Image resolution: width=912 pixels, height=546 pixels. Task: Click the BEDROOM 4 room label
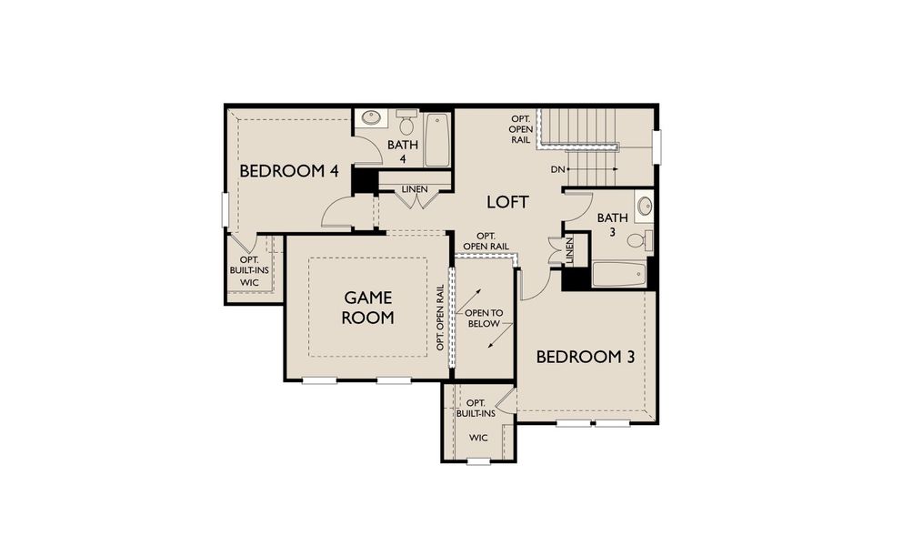283,171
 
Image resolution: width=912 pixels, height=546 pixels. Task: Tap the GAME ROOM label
368,308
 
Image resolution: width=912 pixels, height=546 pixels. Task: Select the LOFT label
507,202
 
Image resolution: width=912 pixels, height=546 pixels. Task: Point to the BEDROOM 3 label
585,357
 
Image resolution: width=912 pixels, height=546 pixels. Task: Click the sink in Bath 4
371,118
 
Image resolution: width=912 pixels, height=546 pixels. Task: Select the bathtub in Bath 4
436,139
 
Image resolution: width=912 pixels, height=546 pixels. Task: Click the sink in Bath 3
644,206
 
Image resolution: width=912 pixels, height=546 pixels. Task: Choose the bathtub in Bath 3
620,274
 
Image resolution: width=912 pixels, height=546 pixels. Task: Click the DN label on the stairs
558,170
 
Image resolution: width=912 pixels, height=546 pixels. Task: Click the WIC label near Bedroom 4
249,283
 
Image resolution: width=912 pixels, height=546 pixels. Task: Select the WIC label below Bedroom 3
478,438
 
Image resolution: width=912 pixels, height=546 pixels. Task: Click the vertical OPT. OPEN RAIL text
440,318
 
